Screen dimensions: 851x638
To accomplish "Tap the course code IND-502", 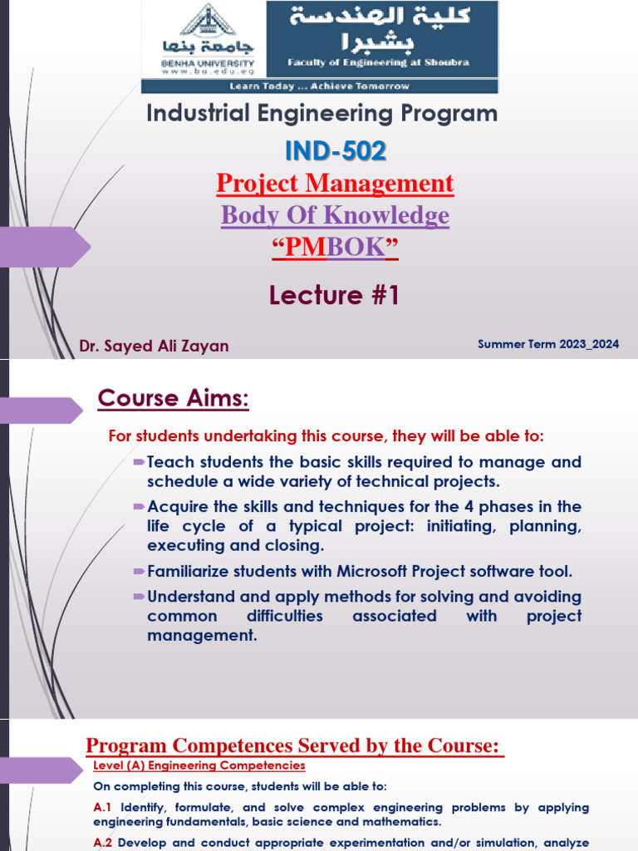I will coord(335,150).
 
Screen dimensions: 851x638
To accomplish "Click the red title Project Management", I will coord(335,184).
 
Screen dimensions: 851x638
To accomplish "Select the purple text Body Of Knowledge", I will coord(335,215).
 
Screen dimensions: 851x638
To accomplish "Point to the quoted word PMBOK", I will coord(335,248).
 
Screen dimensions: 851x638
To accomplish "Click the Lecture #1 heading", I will coord(334,295).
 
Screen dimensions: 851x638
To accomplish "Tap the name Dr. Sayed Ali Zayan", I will coord(154,346).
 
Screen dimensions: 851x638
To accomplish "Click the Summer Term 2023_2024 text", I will coord(548,344).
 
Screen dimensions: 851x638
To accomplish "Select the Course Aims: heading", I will coord(174,398).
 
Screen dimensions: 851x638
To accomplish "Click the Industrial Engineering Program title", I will coord(322,113).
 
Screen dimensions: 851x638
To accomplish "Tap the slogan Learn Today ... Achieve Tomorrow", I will coord(320,86).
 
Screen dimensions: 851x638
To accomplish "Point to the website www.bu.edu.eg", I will coord(208,71).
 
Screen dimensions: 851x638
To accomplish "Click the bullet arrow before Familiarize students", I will coord(139,572).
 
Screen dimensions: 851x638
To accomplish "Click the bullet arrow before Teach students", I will coord(139,461).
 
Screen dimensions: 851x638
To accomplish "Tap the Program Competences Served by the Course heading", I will coord(295,745).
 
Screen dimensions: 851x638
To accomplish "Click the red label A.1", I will coord(104,807).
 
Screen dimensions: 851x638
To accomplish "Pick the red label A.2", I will coord(104,842).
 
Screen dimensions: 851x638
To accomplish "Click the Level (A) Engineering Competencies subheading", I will coord(199,765).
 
